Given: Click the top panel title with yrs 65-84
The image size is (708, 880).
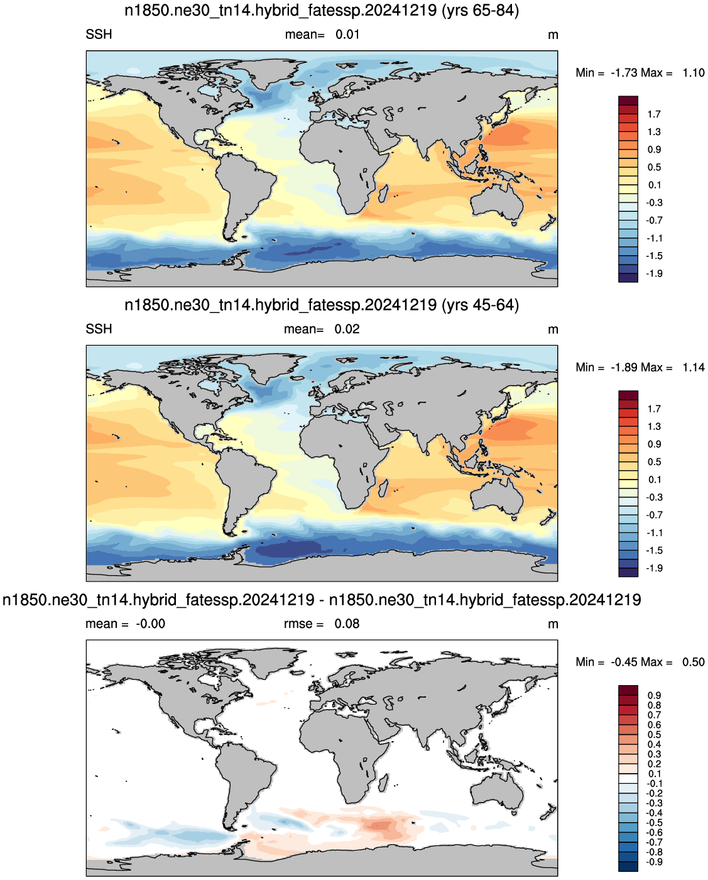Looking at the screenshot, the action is pos(322,10).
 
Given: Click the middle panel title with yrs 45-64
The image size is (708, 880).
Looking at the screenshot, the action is pos(322,305).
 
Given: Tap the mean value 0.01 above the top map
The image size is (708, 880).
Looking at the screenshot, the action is pos(347,35).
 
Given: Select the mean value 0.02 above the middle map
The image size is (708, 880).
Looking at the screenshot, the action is pos(347,329).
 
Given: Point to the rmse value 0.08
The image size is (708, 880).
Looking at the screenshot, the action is pos(347,624).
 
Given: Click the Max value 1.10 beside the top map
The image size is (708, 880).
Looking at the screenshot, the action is pos(694,73).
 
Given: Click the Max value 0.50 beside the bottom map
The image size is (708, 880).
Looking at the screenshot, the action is pos(694,662).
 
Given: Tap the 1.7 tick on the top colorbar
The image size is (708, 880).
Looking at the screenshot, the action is pos(654,114).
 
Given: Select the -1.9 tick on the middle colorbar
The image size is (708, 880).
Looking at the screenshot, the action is pos(654,568).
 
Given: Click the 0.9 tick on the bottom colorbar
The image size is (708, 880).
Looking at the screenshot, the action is pos(654,695).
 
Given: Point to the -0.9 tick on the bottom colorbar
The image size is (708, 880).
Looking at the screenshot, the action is pos(654,862).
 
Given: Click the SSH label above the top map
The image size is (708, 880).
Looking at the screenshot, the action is pos(99,35).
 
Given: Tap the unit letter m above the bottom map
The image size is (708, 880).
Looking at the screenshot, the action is pos(553,624).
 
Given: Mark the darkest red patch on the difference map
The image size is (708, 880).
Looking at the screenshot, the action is pos(380,825).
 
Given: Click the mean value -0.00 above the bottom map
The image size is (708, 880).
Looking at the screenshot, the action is pos(150,624).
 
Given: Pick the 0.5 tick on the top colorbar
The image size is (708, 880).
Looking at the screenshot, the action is pos(654,167).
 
